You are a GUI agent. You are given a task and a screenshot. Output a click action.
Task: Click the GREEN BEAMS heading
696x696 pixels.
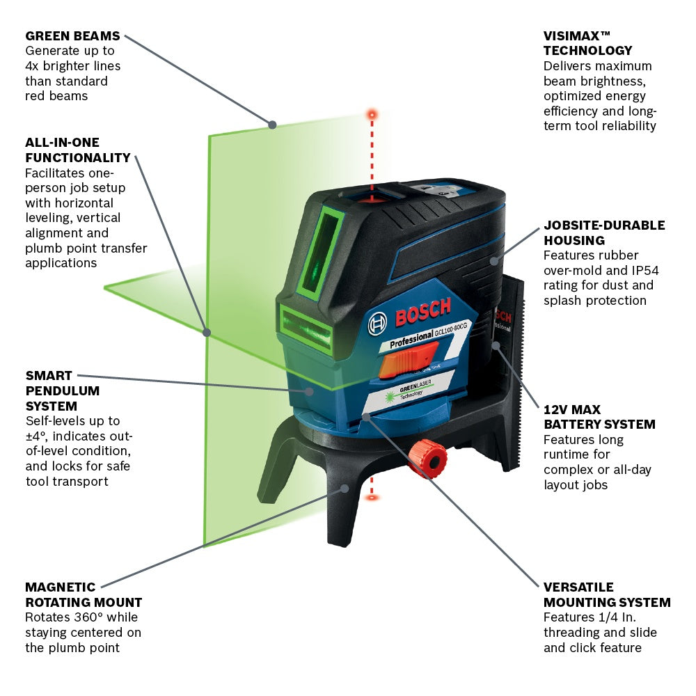pyautogui.click(x=72, y=35)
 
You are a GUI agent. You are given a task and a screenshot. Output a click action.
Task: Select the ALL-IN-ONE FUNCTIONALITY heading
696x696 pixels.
pyautogui.click(x=77, y=150)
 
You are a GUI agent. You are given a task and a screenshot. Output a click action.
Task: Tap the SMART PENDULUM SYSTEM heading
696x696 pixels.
pyautogui.click(x=63, y=390)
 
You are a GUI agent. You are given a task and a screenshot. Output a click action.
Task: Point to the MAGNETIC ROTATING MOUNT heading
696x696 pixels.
pyautogui.click(x=84, y=594)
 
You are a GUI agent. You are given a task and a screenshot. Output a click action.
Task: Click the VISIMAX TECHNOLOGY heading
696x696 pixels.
pyautogui.click(x=588, y=43)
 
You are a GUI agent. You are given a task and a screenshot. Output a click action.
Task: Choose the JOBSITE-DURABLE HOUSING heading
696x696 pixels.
pyautogui.click(x=603, y=232)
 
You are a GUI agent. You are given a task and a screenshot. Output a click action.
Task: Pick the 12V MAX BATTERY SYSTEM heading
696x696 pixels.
pyautogui.click(x=599, y=417)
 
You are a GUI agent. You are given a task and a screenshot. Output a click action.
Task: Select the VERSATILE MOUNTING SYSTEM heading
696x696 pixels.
pyautogui.click(x=607, y=594)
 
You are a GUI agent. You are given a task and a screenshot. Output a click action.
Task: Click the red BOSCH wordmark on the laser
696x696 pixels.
pyautogui.click(x=422, y=311)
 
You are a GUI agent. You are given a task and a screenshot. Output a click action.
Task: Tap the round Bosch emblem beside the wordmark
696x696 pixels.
pyautogui.click(x=378, y=322)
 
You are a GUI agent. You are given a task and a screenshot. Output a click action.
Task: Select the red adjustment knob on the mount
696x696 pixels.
pyautogui.click(x=427, y=458)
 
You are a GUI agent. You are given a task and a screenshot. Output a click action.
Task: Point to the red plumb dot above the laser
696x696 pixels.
pyautogui.click(x=372, y=113)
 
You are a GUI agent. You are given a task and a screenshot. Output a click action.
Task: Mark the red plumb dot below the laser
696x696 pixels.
pyautogui.click(x=372, y=497)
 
